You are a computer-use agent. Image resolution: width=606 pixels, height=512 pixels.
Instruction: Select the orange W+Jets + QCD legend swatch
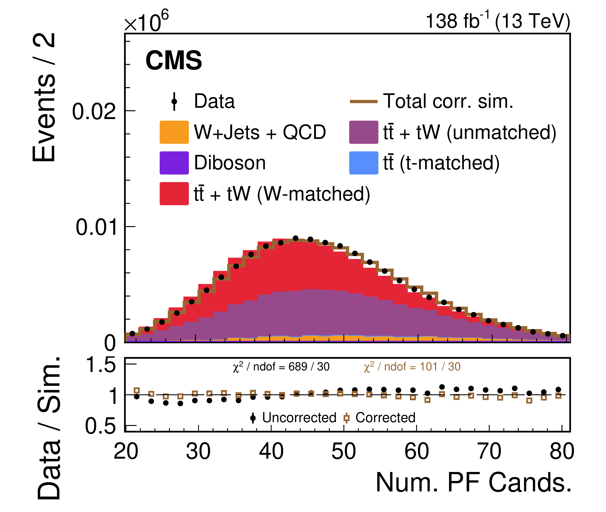(x=174, y=132)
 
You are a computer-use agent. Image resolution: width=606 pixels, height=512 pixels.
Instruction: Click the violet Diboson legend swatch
(x=174, y=163)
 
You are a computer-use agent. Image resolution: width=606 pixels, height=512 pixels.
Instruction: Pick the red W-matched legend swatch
(x=174, y=194)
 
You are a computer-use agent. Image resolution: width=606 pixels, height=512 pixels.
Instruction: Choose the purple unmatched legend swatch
(x=363, y=132)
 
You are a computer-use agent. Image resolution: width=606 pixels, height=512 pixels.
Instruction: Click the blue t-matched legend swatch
(x=363, y=163)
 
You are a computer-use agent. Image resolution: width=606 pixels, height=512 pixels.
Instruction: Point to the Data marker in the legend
(x=174, y=101)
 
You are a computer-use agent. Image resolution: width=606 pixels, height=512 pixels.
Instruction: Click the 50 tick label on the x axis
(x=344, y=452)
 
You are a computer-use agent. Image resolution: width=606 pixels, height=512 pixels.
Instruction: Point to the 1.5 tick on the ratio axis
(x=100, y=365)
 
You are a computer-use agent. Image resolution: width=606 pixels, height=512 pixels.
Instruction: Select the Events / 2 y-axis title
(x=44, y=97)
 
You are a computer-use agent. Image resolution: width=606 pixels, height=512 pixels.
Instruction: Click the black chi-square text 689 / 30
(x=281, y=367)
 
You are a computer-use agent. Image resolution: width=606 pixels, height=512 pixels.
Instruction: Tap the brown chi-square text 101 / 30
(x=412, y=367)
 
